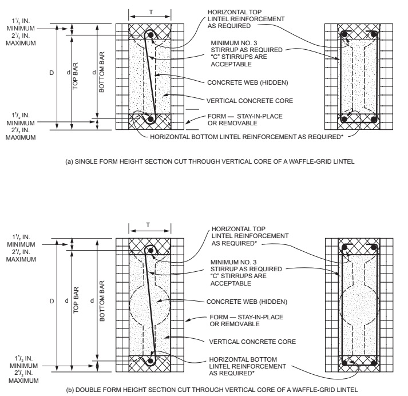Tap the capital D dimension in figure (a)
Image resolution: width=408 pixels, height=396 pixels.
tap(51, 75)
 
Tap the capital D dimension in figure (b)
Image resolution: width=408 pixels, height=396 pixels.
tap(52, 299)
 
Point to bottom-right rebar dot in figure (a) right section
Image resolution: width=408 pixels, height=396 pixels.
tap(373, 121)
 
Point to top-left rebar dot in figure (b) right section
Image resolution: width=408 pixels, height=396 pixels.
tap(345, 247)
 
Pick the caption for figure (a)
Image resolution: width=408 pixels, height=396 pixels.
tap(204, 162)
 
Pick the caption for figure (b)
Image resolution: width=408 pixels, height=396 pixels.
tap(204, 390)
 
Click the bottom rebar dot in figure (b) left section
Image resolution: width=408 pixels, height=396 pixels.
tap(152, 361)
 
